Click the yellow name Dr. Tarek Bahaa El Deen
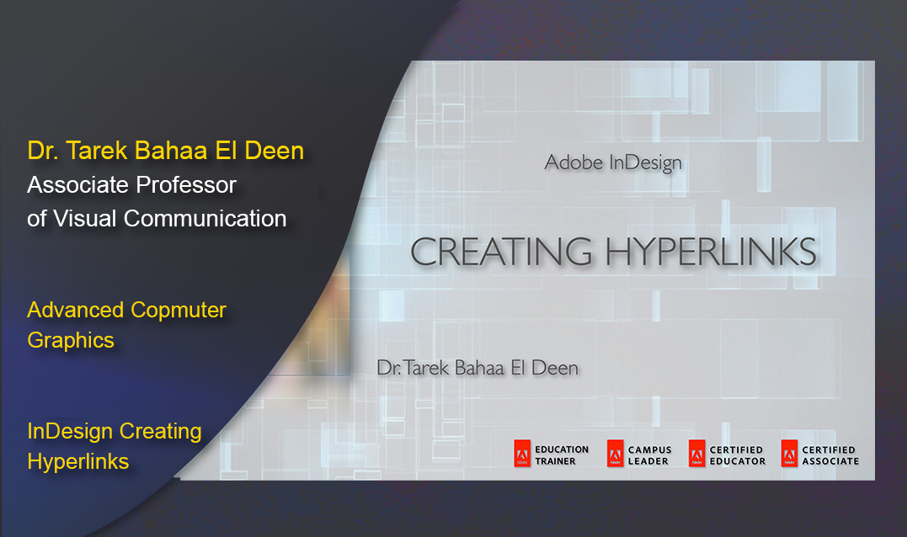coord(165,151)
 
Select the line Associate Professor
coord(131,184)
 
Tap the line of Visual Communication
coord(157,218)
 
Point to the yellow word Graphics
coord(71,340)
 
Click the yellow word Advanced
coord(75,310)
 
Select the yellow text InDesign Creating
coord(115,431)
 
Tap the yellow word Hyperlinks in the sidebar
coord(78,461)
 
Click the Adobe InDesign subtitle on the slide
coord(613,162)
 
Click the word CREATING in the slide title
coord(500,252)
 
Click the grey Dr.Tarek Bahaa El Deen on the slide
coord(478,367)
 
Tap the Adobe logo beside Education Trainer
coord(522,455)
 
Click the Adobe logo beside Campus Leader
coord(615,455)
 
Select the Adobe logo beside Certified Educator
coord(696,455)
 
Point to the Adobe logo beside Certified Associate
coord(789,455)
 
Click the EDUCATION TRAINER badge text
coord(562,455)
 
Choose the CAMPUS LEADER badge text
coord(649,455)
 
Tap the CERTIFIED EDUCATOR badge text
coord(737,455)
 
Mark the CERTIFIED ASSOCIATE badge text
coord(830,455)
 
